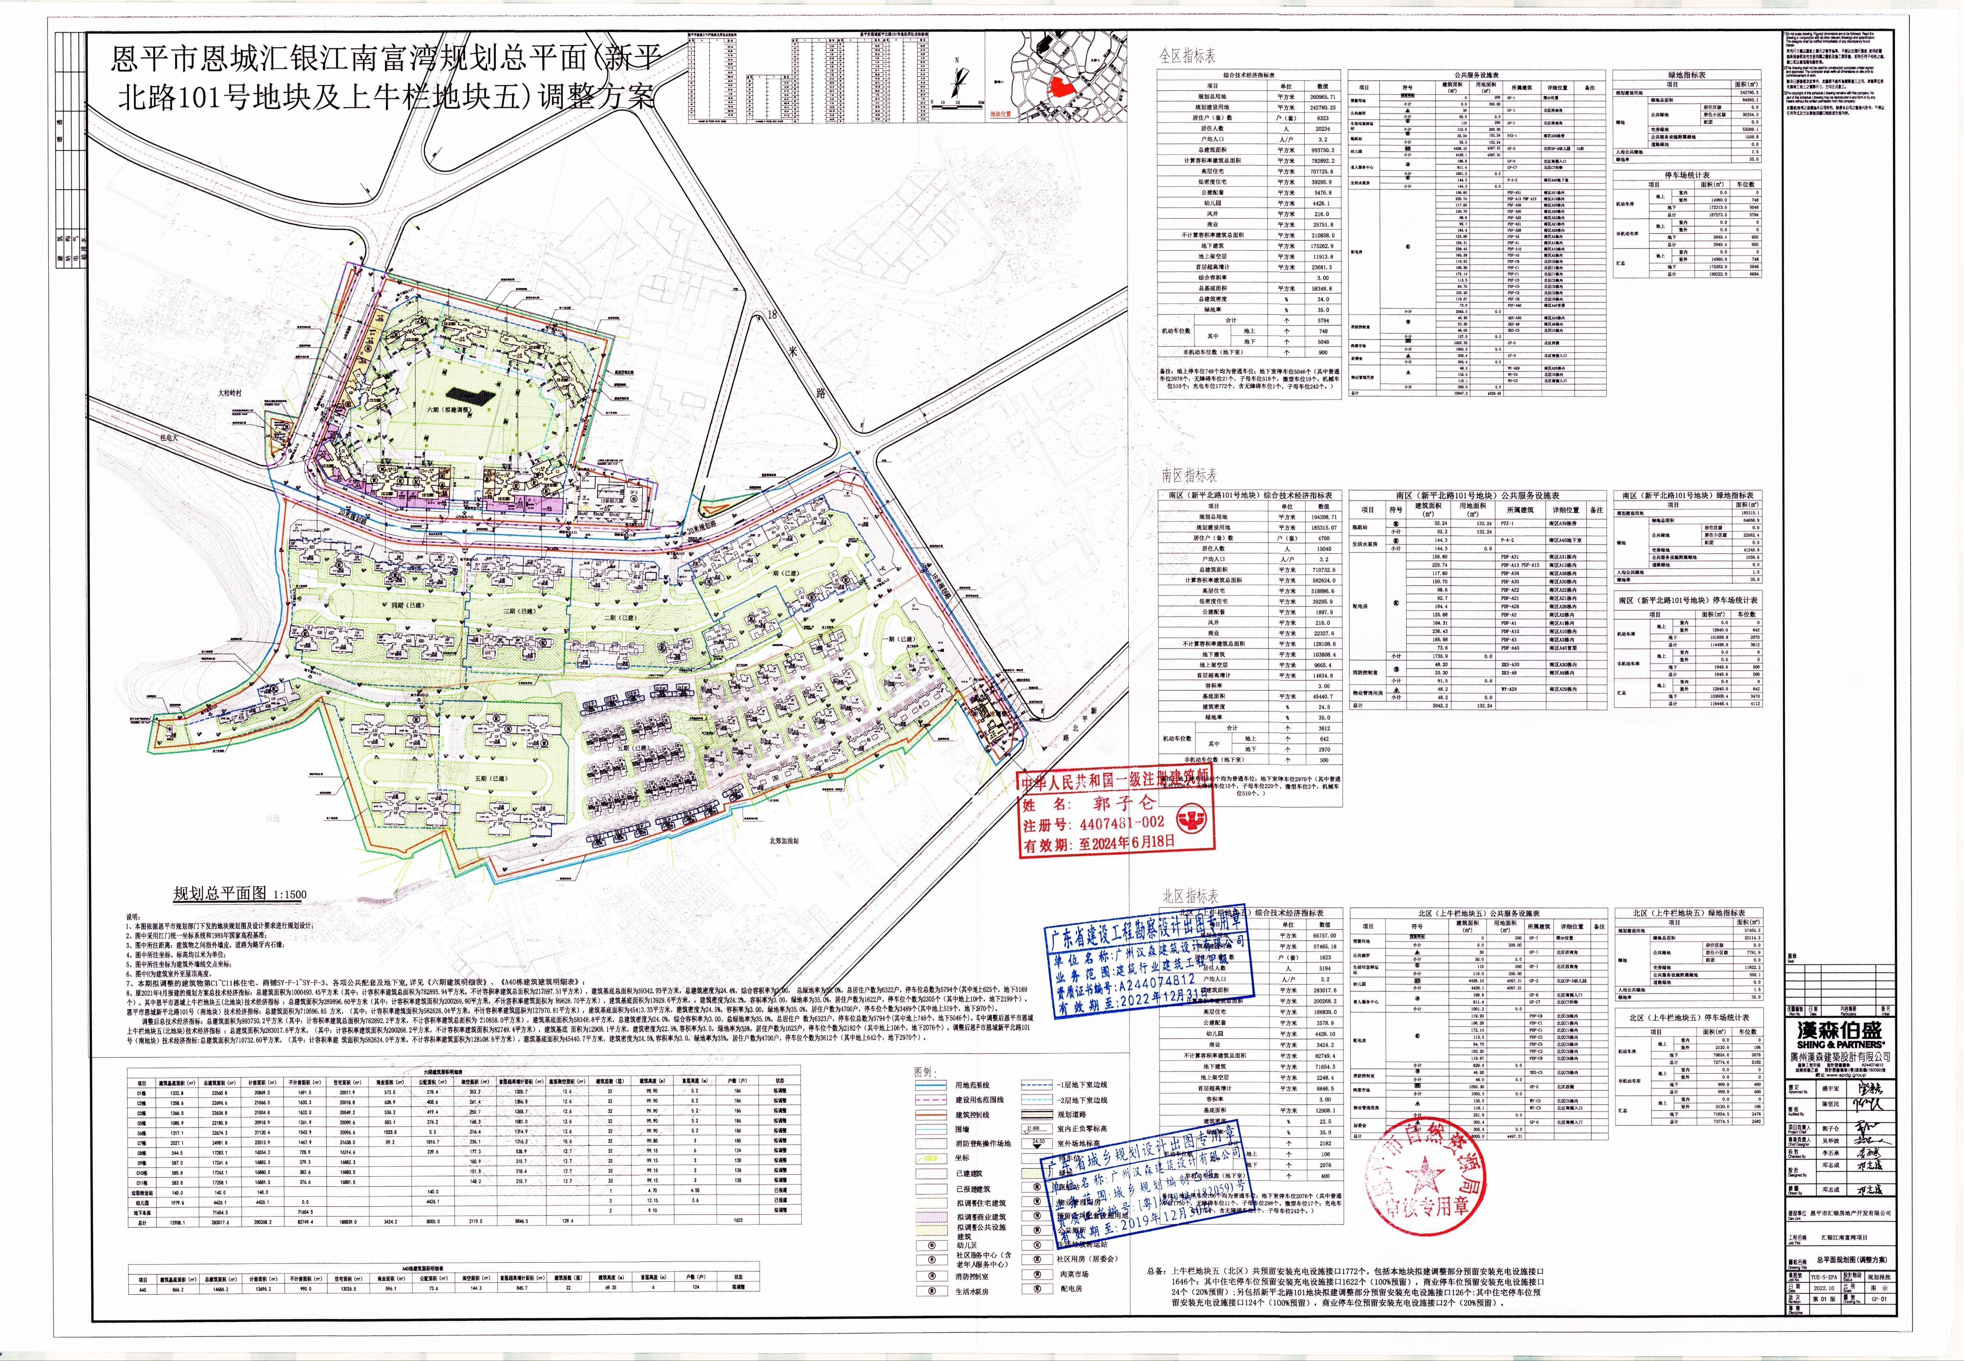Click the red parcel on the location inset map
click(1060, 87)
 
